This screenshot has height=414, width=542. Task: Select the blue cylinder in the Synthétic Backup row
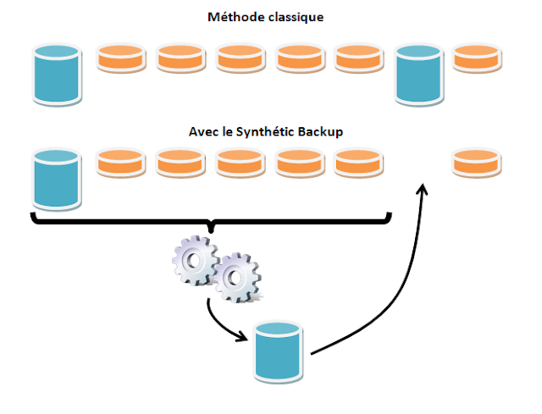pos(57,179)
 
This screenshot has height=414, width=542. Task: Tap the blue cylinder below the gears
pos(279,351)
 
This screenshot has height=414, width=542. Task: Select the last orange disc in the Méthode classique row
pos(478,58)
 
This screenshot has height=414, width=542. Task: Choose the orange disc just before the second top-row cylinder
pos(360,58)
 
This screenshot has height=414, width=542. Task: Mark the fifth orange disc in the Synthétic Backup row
pos(360,163)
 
